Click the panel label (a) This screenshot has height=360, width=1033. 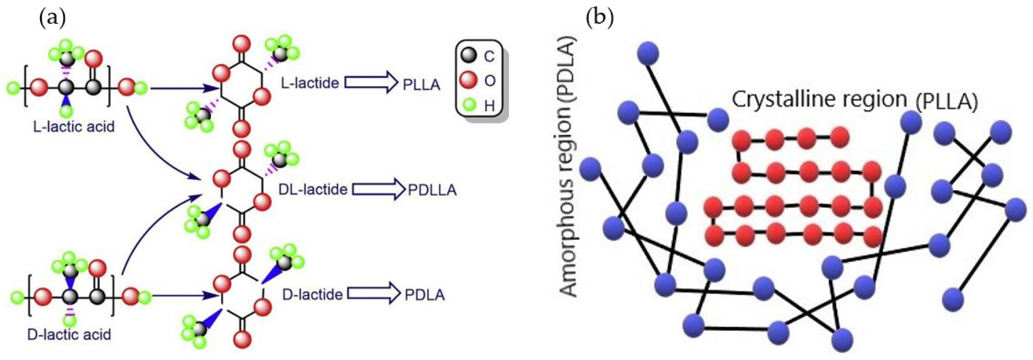tap(53, 19)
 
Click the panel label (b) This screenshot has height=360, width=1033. tap(600, 19)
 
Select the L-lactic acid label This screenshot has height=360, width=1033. tap(74, 127)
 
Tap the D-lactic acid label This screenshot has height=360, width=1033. tap(69, 334)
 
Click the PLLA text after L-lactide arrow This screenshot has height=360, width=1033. tap(421, 85)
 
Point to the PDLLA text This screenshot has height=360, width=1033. tap(432, 190)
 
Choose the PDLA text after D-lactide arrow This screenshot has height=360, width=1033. tap(424, 295)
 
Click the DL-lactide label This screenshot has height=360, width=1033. tap(313, 189)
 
